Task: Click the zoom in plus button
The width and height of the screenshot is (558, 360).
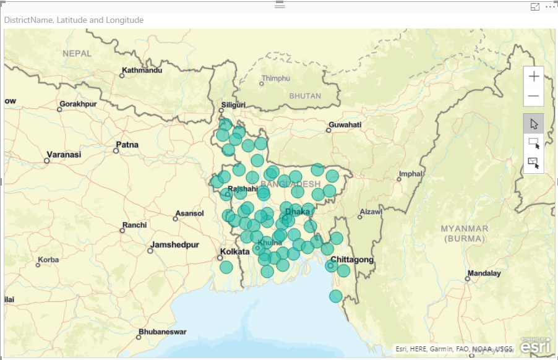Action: [533, 77]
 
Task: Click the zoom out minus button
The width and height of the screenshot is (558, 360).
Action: [533, 96]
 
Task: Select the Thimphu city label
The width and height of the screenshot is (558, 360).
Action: [275, 79]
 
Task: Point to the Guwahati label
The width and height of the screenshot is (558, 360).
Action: [345, 125]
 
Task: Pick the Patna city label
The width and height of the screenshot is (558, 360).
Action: [127, 145]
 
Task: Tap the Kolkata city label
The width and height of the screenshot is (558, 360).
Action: [235, 252]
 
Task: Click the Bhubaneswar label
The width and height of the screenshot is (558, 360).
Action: [162, 332]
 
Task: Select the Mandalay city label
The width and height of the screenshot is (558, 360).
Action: [484, 273]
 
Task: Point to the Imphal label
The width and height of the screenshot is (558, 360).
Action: [411, 174]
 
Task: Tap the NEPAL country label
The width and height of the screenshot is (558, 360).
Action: [77, 54]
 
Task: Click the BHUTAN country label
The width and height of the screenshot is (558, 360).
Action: [306, 96]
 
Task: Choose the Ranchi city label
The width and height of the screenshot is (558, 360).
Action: [134, 225]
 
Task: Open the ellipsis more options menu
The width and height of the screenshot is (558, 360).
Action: [550, 6]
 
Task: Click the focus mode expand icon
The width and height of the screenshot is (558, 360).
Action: [535, 6]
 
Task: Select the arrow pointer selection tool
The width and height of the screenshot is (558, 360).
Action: [534, 124]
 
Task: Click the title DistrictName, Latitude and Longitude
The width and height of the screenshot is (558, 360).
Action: [74, 20]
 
